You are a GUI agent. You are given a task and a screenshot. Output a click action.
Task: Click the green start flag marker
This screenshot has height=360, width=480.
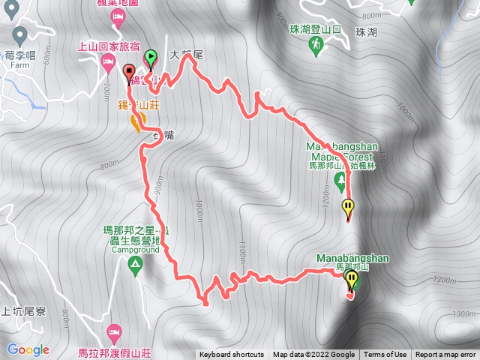(x=151, y=56)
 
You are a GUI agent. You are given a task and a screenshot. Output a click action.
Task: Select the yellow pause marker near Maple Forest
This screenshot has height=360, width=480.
(x=348, y=208)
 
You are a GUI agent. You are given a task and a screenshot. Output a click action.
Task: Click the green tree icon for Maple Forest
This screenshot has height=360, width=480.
(x=340, y=179)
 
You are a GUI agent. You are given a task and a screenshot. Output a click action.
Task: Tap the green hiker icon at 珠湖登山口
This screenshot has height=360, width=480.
(x=316, y=46)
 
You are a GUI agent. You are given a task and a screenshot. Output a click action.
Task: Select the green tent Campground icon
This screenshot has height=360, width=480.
(x=135, y=263)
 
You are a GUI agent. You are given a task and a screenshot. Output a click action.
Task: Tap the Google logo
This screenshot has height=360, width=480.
(x=28, y=350)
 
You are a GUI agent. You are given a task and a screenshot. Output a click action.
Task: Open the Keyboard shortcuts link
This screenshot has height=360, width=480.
(x=231, y=355)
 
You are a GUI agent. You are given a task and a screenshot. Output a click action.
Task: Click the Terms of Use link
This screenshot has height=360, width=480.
(x=386, y=355)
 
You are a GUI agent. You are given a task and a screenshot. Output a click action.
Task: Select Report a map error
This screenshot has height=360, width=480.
(x=445, y=355)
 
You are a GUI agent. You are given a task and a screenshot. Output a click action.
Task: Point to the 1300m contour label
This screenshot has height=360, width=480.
(x=465, y=313)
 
